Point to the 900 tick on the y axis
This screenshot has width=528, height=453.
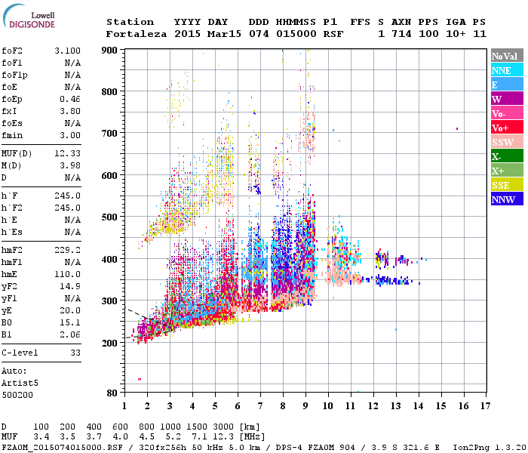point(110,50)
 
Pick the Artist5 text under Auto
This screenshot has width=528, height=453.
point(17,383)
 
